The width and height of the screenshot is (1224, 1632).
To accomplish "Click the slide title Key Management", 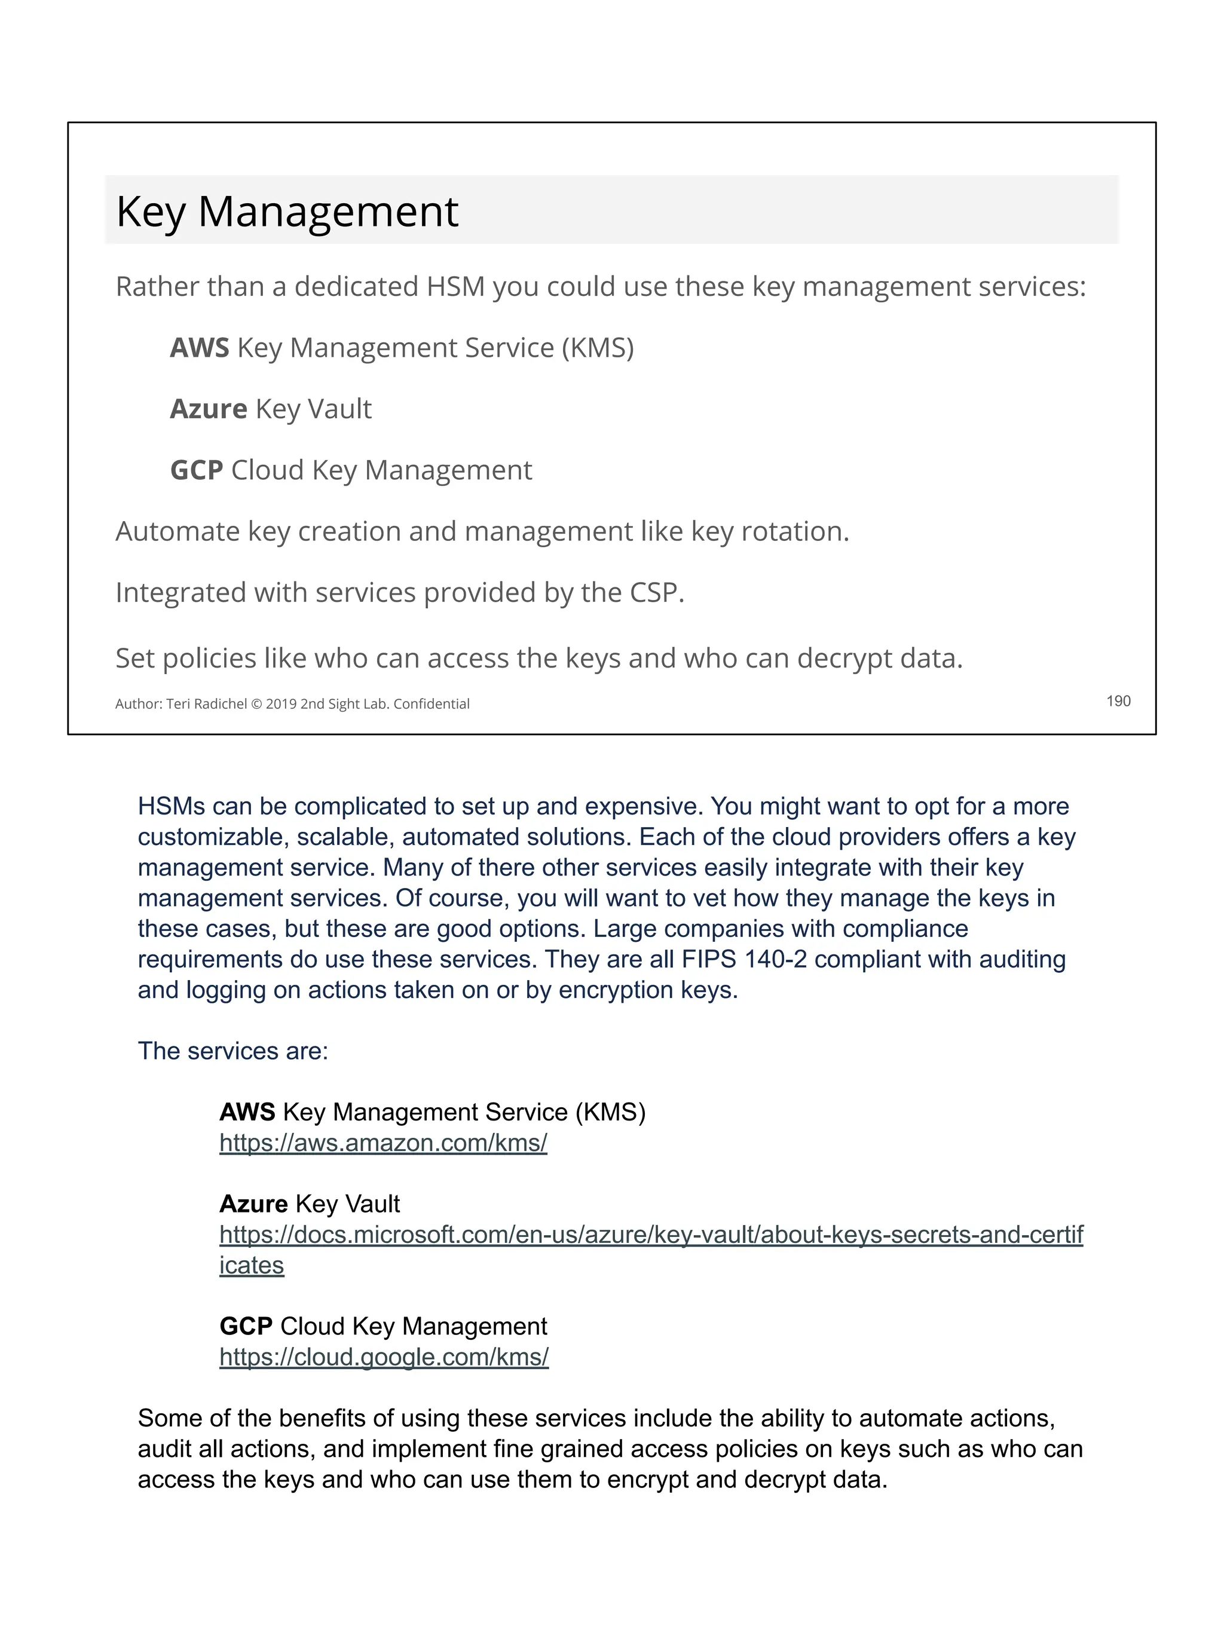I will point(287,212).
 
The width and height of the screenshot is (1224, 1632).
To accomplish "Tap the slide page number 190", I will point(1118,701).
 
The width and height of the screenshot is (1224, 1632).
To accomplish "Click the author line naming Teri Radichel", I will point(292,704).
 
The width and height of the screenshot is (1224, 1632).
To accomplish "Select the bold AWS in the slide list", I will point(199,348).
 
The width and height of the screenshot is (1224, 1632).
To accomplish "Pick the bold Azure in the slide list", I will point(208,409).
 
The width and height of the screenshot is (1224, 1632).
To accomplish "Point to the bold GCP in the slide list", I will point(196,470).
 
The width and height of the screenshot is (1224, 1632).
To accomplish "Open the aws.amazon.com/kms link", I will point(383,1143).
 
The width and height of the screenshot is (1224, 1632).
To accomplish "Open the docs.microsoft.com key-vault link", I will point(651,1235).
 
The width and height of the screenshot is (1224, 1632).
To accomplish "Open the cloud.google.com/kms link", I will point(384,1357).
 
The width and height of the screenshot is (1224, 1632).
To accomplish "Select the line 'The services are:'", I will point(232,1051).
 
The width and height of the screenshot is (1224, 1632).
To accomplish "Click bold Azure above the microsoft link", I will point(253,1204).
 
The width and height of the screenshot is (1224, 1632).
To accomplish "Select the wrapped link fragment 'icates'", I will point(252,1265).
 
